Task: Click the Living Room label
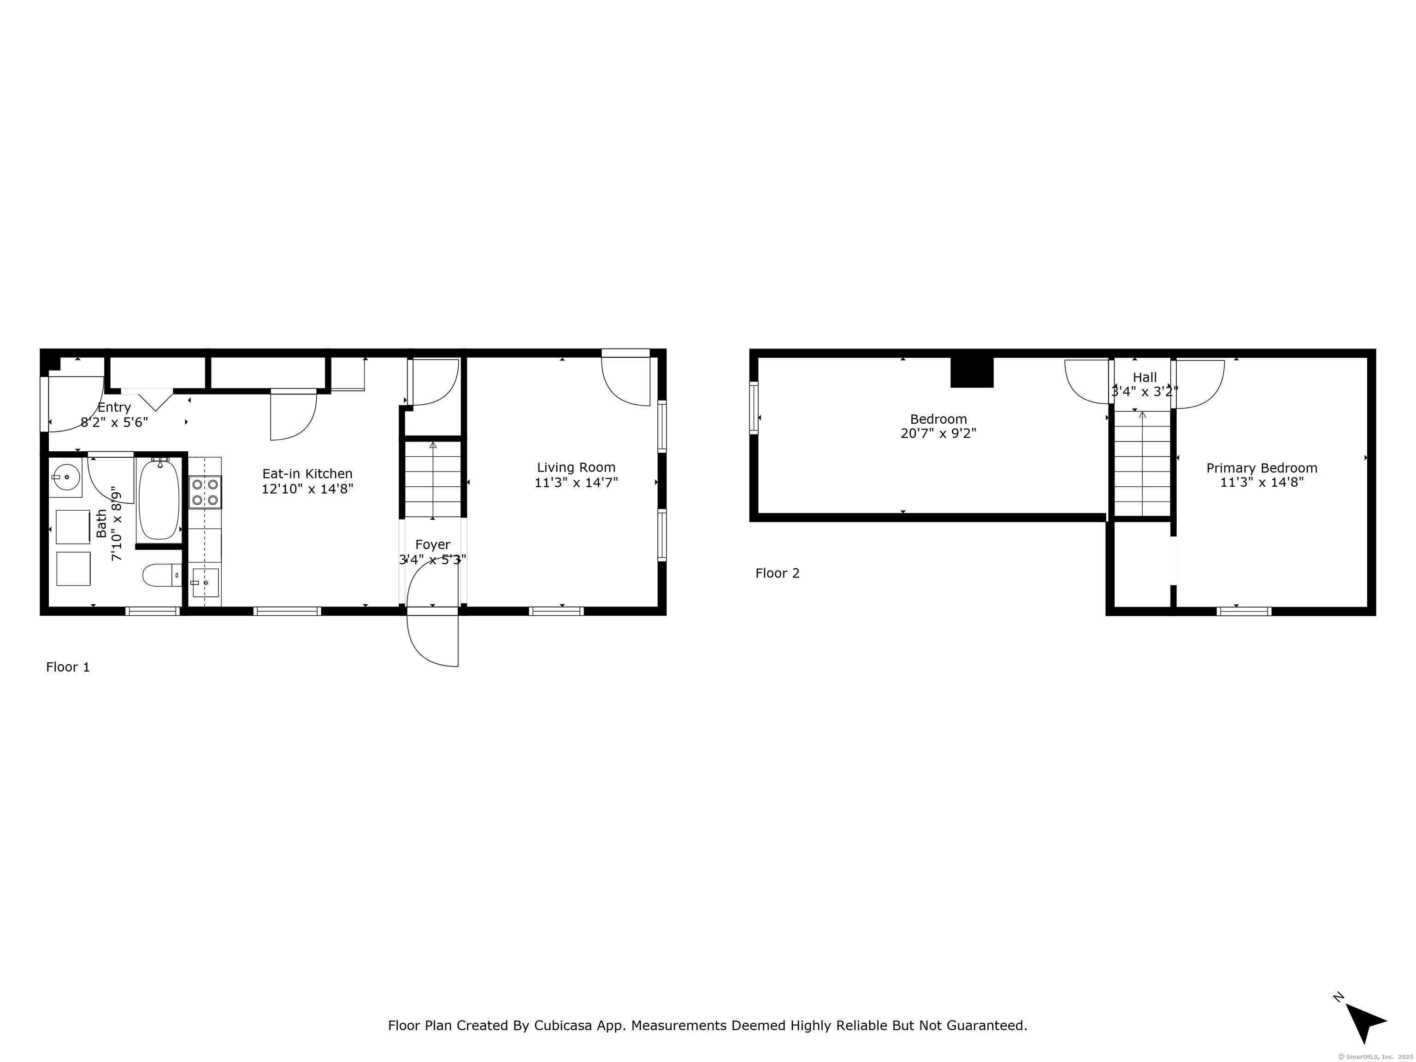(576, 468)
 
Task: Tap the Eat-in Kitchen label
(307, 474)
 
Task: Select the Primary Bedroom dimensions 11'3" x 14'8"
(1262, 483)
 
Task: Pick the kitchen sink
(206, 583)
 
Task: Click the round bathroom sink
(65, 478)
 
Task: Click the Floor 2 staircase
(1143, 463)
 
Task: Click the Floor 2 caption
(777, 573)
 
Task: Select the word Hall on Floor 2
(1145, 378)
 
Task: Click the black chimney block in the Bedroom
(972, 372)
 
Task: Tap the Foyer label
(433, 545)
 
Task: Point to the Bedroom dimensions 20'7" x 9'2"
(938, 433)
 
